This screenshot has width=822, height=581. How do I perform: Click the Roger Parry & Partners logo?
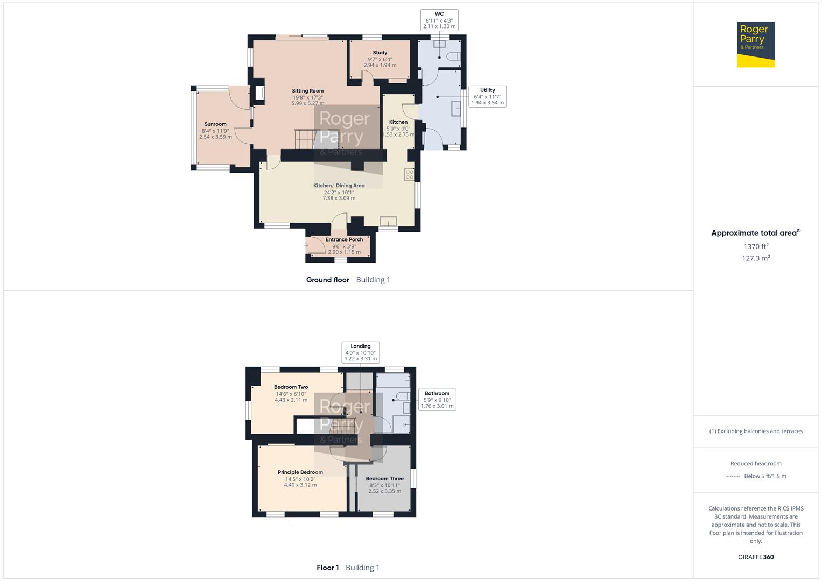(755, 45)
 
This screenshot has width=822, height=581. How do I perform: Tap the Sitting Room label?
(308, 91)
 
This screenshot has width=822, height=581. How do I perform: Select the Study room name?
(380, 53)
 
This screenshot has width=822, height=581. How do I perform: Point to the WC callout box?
(439, 20)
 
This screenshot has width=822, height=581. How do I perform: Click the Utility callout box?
(487, 96)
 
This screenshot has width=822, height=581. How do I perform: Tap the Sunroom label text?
(215, 124)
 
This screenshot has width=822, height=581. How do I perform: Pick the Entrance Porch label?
(344, 240)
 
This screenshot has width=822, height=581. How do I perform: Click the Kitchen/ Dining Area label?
(339, 186)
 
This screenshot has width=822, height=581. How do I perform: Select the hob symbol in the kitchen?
(409, 174)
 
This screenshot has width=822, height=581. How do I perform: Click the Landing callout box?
(361, 352)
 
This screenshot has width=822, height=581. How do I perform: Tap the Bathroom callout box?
(437, 400)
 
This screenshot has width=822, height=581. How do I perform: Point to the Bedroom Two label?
(291, 387)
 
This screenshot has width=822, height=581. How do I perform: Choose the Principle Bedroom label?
(300, 472)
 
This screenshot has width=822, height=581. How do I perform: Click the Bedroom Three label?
(384, 479)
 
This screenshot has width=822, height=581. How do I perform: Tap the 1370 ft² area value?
(756, 246)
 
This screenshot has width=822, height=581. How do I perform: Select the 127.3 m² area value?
(756, 258)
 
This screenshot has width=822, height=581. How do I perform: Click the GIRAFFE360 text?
(756, 557)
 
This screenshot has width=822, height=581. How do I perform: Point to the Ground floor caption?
(327, 280)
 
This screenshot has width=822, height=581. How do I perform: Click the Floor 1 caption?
(327, 568)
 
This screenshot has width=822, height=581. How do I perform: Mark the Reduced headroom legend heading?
(756, 463)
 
